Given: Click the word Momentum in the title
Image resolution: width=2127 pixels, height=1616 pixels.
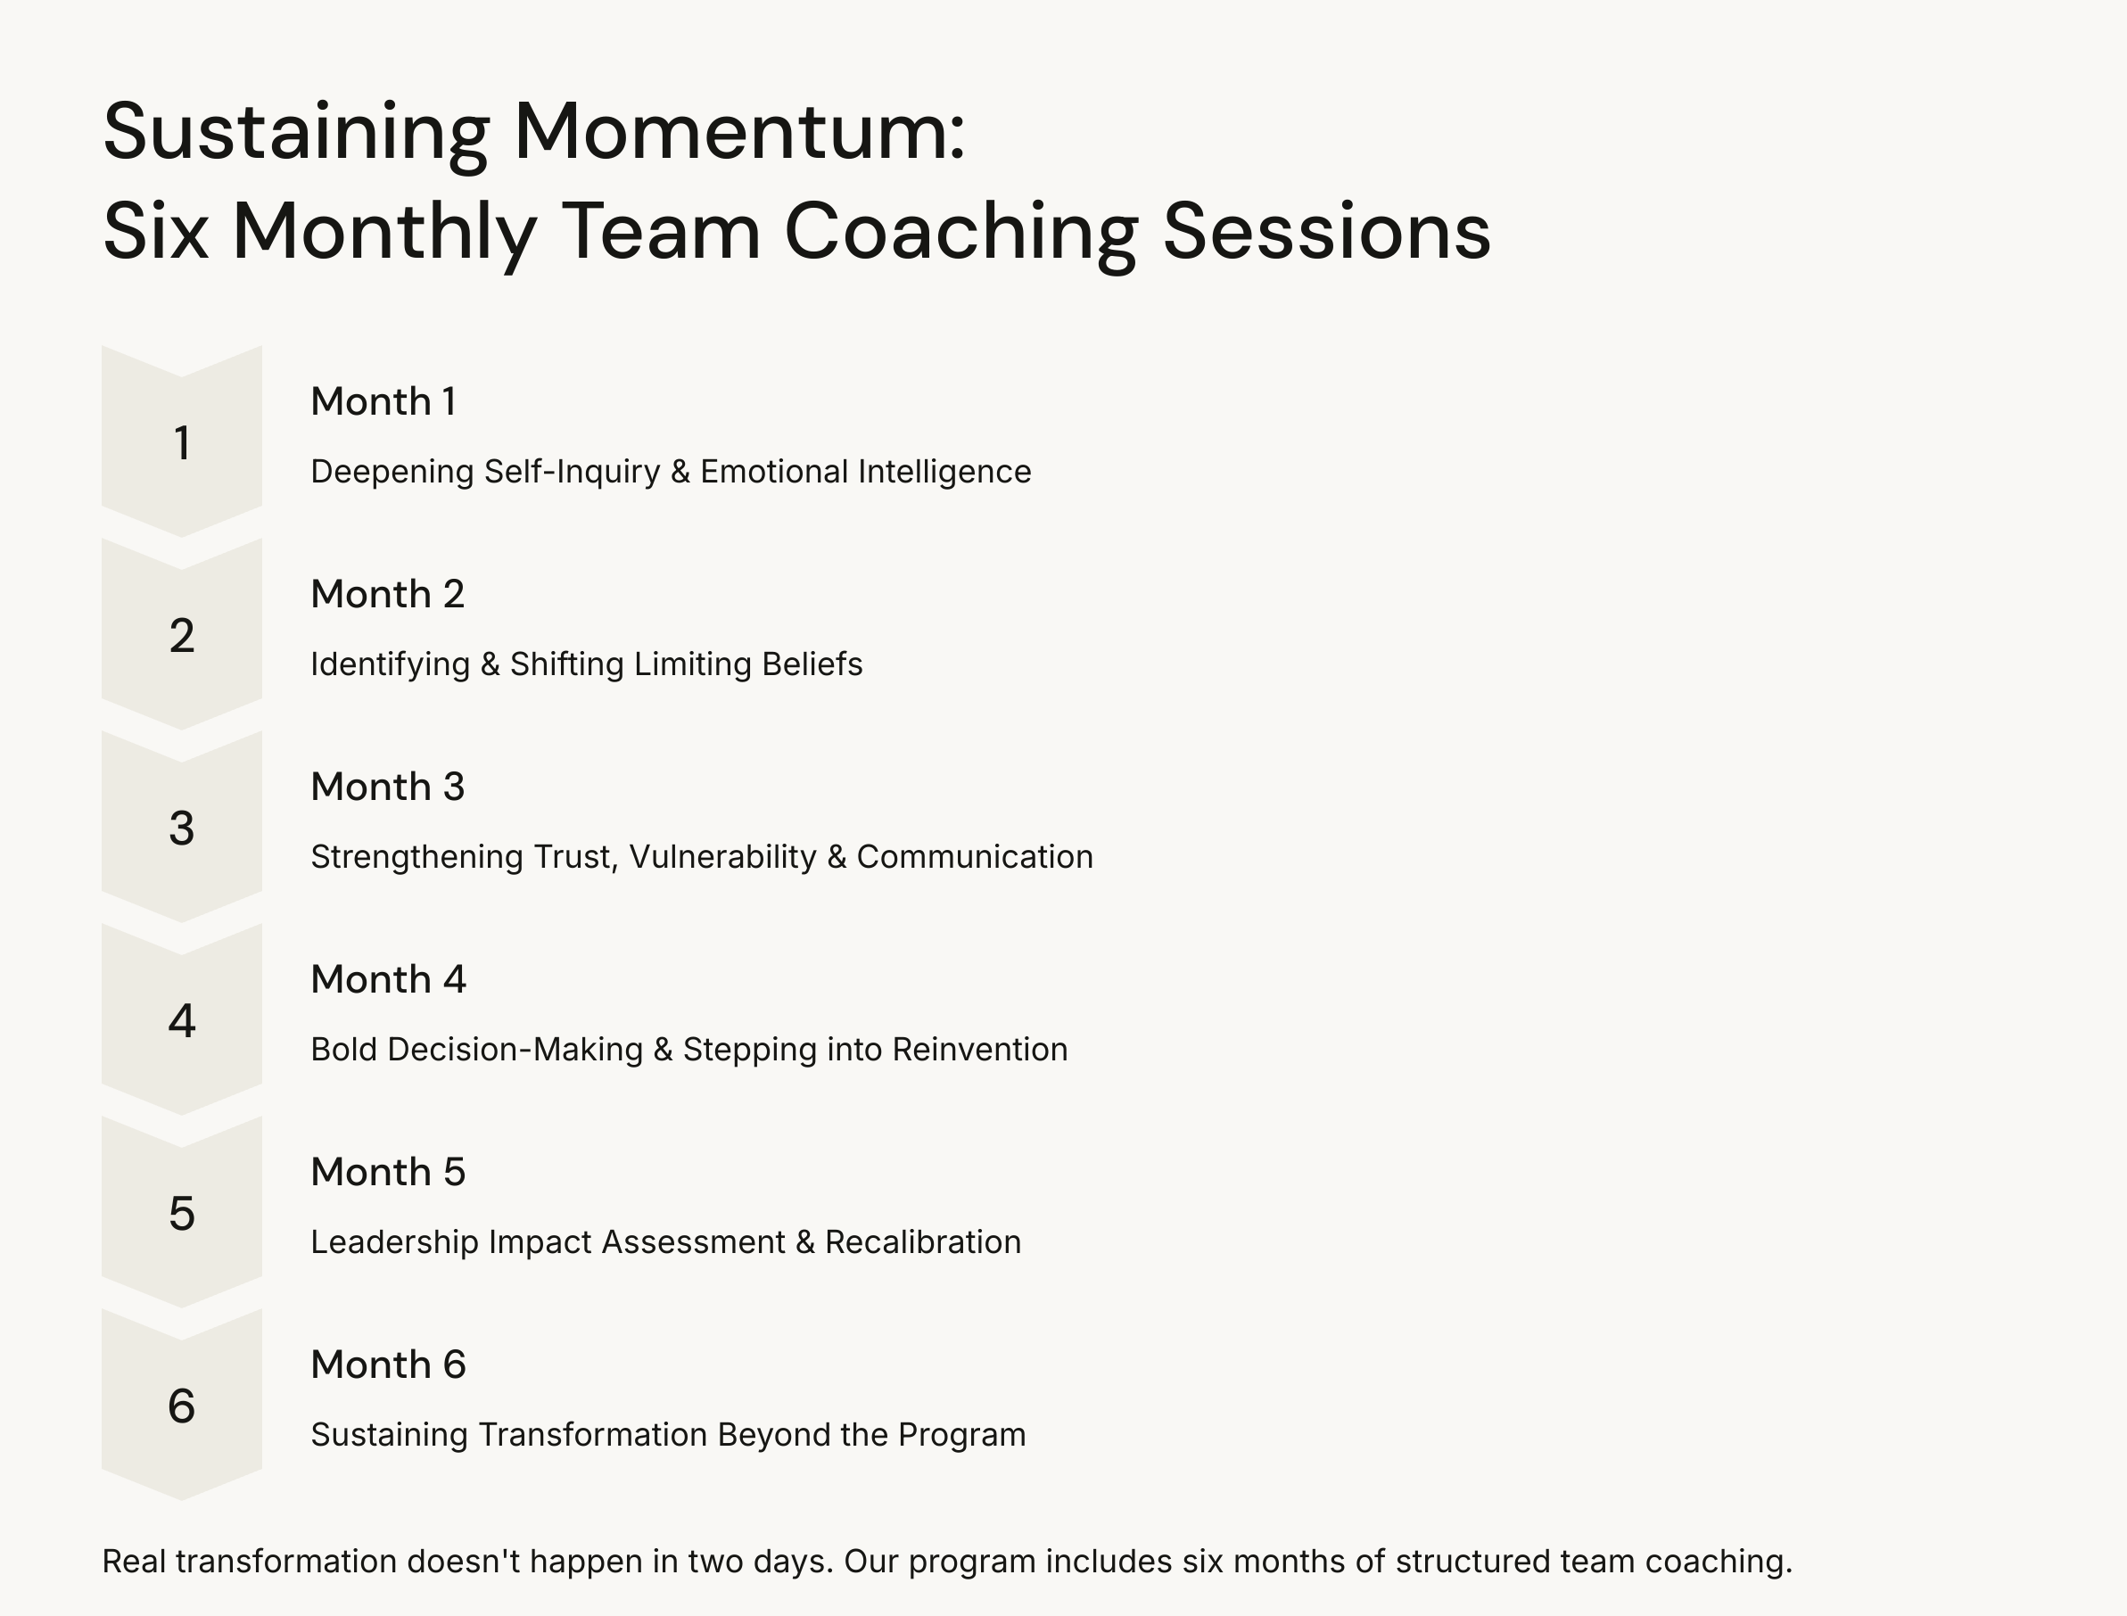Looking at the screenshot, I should [738, 132].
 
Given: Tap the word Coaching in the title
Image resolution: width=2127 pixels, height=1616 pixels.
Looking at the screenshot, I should [961, 232].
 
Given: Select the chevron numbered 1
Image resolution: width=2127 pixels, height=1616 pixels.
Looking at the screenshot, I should [182, 442].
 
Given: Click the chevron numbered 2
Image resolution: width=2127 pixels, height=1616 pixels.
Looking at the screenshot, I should [182, 635].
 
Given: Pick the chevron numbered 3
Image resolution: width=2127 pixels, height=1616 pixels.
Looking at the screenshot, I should [182, 828].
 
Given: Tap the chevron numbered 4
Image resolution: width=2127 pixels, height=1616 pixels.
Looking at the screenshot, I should [182, 1019].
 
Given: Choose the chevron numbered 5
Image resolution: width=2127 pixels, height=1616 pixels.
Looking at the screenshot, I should [182, 1212].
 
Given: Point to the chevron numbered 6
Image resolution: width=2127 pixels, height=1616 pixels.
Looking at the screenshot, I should [182, 1405].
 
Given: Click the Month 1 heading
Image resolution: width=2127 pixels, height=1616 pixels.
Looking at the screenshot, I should [383, 401].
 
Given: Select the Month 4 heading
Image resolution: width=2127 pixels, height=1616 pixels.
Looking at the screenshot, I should [388, 979].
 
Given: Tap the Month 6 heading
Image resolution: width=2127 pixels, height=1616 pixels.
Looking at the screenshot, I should [388, 1364].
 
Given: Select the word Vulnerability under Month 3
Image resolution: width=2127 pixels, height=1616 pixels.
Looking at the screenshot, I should [722, 856].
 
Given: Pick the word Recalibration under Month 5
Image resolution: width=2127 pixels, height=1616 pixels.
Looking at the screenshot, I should [922, 1241].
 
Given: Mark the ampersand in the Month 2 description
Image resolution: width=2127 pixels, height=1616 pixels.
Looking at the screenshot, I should [490, 664].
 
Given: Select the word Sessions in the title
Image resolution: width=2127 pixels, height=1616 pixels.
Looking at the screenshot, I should [1327, 232].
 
